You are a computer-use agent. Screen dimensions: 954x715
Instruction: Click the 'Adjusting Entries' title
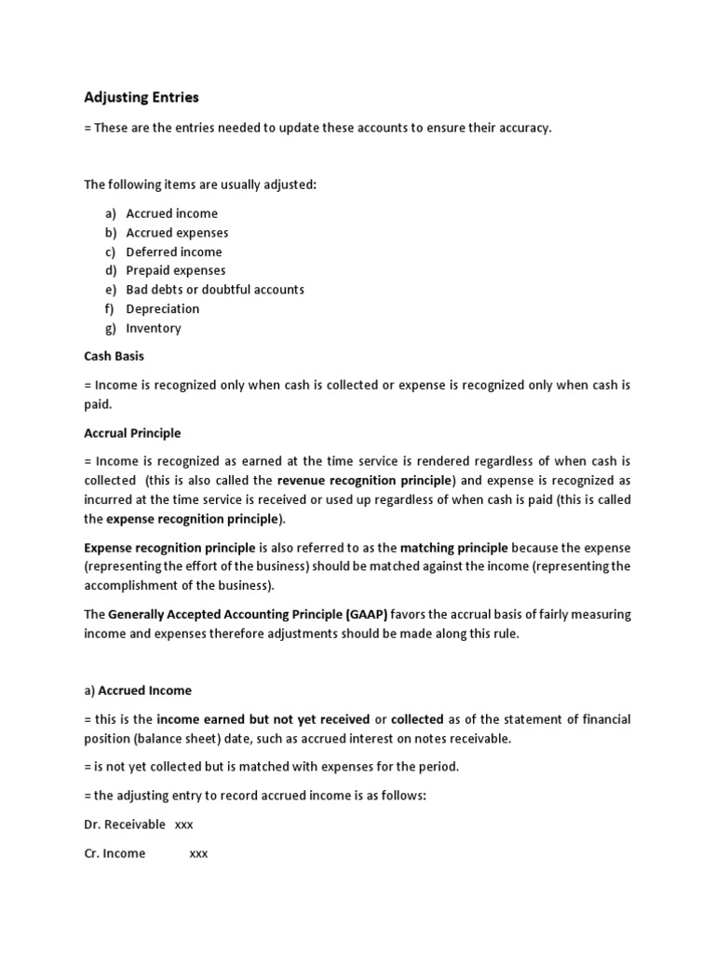[x=142, y=97]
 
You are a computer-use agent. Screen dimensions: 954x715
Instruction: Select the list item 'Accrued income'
[x=172, y=213]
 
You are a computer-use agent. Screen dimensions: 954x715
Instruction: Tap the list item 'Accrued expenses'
[x=177, y=233]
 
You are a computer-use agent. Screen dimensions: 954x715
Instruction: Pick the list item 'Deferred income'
[x=174, y=252]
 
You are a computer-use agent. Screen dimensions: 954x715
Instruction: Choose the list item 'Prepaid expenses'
[x=176, y=270]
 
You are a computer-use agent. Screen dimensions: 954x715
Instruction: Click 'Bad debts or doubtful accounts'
[x=215, y=290]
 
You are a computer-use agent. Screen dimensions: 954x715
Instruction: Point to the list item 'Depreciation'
[x=163, y=308]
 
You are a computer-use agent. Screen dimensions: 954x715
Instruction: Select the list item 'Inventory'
[x=154, y=328]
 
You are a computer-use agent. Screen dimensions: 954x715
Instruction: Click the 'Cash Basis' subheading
[x=115, y=356]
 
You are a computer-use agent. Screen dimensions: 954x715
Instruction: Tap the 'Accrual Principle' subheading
[x=132, y=433]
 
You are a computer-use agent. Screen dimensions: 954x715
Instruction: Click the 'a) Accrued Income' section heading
[x=138, y=690]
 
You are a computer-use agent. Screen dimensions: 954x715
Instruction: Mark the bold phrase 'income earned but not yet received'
[x=263, y=719]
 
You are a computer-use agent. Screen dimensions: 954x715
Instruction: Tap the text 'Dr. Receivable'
[x=125, y=825]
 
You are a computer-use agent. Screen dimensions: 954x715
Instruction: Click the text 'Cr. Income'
[x=115, y=853]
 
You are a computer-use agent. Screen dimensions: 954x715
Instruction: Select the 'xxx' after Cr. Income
[x=198, y=853]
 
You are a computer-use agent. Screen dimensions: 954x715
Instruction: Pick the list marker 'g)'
[x=110, y=328]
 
